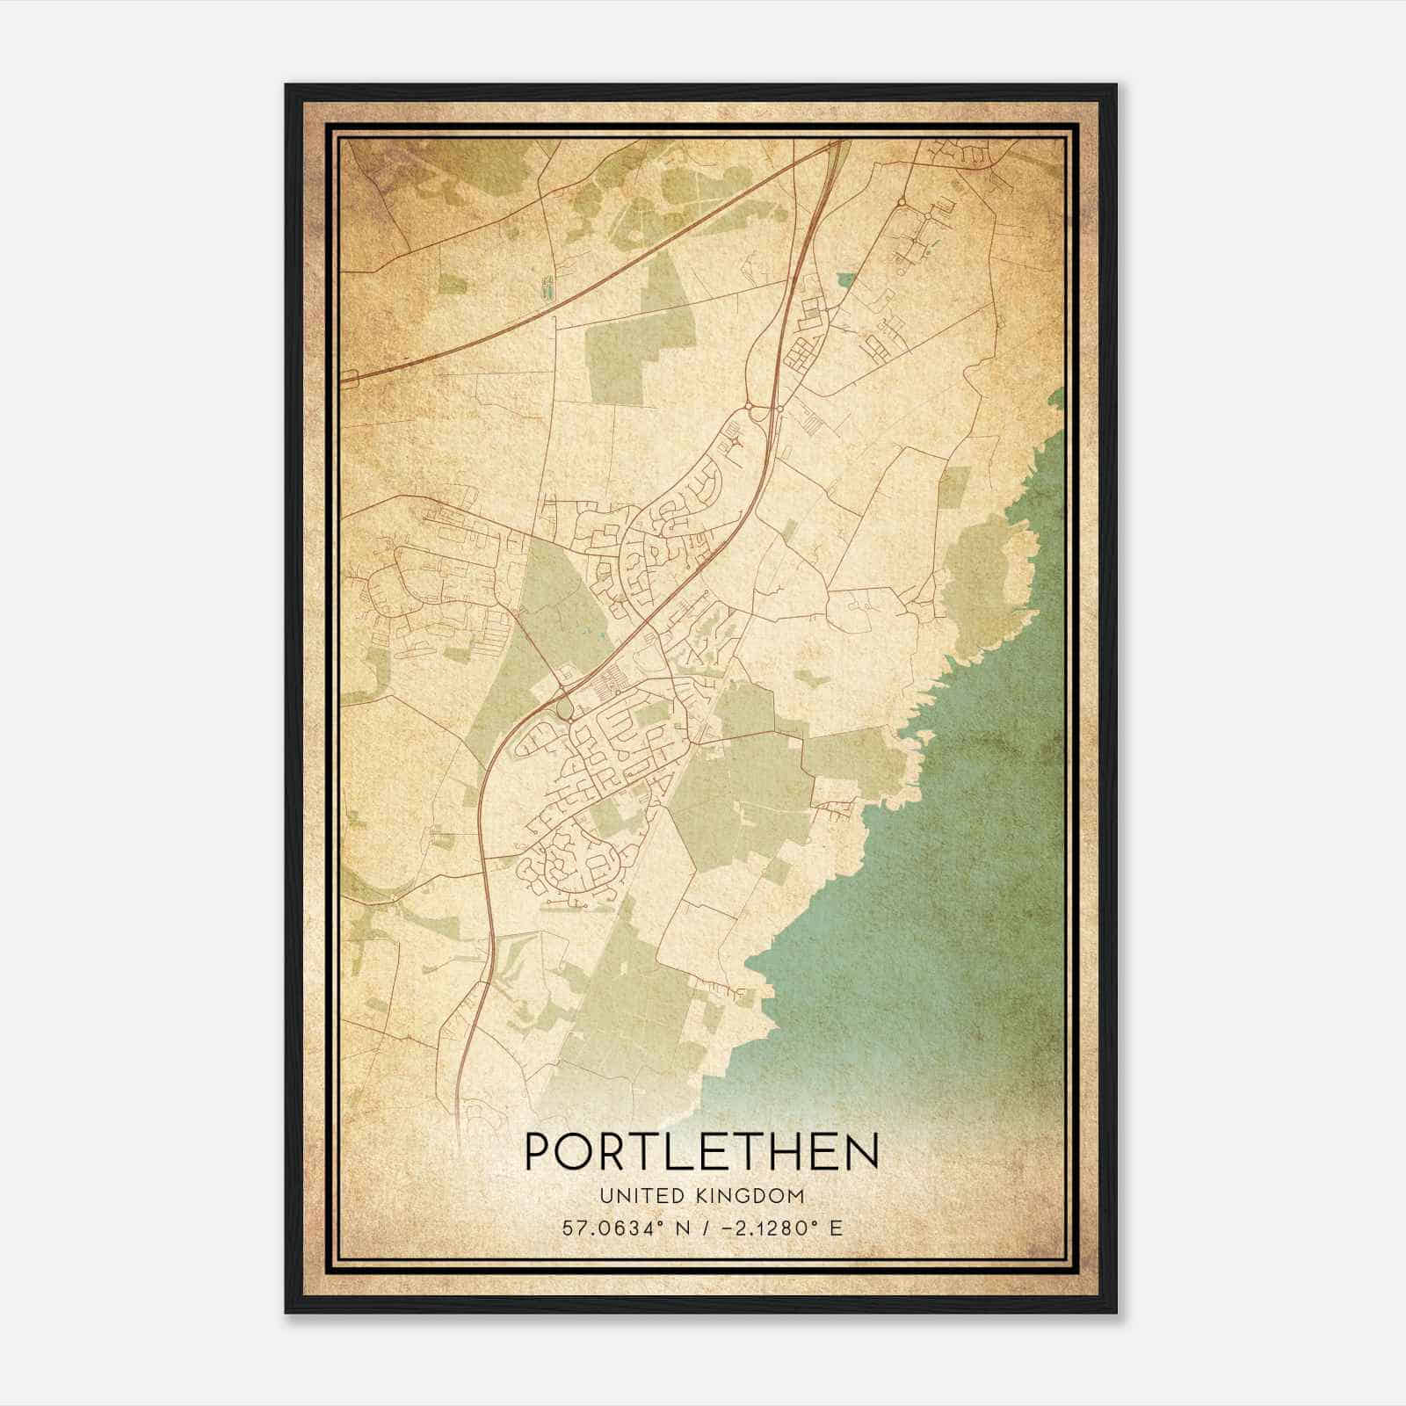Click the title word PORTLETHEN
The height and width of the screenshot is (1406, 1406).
[701, 1152]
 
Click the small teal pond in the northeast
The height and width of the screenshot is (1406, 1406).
[845, 280]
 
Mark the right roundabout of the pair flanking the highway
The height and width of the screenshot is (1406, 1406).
[779, 409]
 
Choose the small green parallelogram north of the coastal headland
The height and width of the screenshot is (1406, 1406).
[956, 485]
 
